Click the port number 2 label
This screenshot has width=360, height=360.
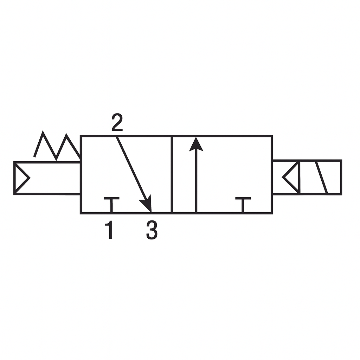tap(117, 123)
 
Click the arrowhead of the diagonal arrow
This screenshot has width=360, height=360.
tap(147, 204)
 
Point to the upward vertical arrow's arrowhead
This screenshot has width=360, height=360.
tap(196, 144)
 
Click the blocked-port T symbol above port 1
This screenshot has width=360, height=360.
tap(111, 204)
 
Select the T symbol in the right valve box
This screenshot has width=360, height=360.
tap(243, 204)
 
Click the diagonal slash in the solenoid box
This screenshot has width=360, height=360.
tap(321, 178)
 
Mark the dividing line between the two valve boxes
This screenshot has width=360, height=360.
tap(172, 174)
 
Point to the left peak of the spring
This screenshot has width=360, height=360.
tap(43, 133)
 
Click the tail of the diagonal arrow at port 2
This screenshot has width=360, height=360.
tap(117, 138)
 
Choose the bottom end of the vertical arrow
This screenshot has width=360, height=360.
tap(196, 211)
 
